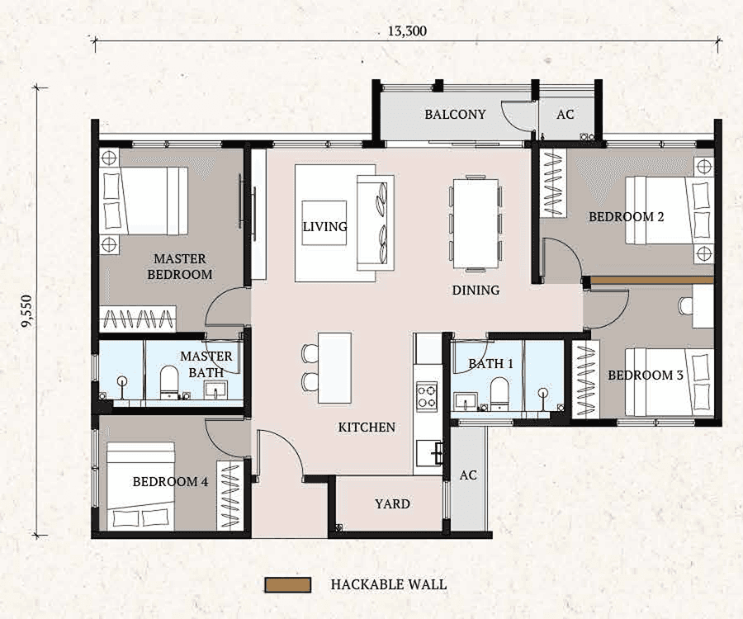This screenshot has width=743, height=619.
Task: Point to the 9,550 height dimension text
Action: (x=28, y=309)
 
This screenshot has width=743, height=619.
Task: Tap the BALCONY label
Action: (x=455, y=115)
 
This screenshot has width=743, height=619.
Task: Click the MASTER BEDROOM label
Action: (x=179, y=267)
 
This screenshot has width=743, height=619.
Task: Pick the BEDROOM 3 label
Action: (x=646, y=376)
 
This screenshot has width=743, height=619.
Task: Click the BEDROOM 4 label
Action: (x=170, y=482)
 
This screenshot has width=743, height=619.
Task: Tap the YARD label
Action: (x=392, y=504)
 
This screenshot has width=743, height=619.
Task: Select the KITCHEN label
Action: (x=367, y=428)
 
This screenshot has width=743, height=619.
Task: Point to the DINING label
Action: (x=476, y=291)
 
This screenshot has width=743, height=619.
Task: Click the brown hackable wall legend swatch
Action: (x=287, y=585)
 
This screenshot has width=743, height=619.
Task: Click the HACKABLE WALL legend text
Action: (x=388, y=585)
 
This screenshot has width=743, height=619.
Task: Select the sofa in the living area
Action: (x=375, y=223)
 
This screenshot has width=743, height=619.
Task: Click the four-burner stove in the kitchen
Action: (x=427, y=395)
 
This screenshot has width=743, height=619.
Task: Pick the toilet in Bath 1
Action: (x=499, y=390)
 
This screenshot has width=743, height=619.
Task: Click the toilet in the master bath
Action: (x=170, y=381)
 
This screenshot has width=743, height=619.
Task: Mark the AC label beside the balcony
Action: (x=565, y=115)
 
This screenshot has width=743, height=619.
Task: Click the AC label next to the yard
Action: (x=468, y=476)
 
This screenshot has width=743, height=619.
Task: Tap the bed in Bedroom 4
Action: (x=141, y=487)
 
